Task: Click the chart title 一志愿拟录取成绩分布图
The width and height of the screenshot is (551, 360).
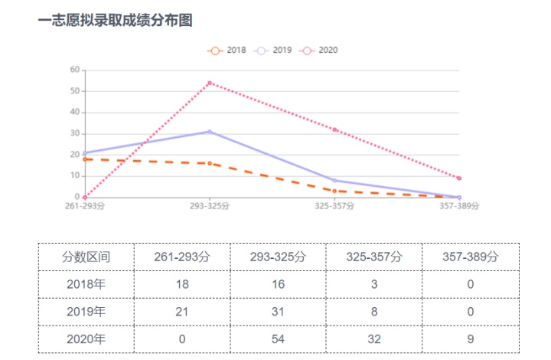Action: [x=115, y=21]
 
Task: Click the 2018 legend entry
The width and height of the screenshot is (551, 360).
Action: [x=227, y=51]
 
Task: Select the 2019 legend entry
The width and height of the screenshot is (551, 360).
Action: [x=273, y=51]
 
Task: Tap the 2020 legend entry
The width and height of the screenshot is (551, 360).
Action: [x=319, y=51]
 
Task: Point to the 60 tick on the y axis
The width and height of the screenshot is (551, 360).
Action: [x=74, y=70]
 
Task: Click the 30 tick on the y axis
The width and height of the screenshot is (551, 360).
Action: [x=74, y=133]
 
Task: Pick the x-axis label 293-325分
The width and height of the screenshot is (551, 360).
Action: [x=210, y=206]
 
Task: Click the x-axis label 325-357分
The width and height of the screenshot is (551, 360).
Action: [x=335, y=206]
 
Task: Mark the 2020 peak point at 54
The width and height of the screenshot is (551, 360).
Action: [x=210, y=83]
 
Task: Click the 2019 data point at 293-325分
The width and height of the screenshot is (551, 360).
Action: [x=210, y=132]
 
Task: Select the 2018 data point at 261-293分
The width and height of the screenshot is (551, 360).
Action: [x=85, y=159]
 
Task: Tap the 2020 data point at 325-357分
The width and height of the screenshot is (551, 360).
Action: [x=335, y=129]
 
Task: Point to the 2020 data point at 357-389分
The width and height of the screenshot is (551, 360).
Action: [x=459, y=178]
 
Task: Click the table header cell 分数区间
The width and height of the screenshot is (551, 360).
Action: [x=86, y=257]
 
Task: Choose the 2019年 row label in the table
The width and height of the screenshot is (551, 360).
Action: [x=86, y=312]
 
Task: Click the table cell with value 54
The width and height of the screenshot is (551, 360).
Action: [x=279, y=339]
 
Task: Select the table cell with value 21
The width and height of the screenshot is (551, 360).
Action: [x=182, y=312]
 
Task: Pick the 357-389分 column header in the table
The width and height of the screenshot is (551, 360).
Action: [x=471, y=257]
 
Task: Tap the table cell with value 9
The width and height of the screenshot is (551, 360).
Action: [x=471, y=339]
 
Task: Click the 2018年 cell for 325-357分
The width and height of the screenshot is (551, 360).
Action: [x=374, y=284]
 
